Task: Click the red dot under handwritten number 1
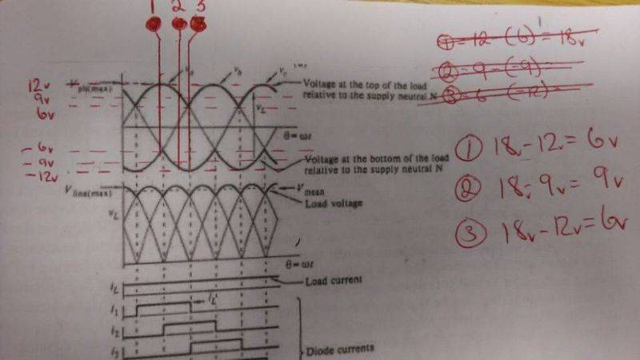pos(154,24)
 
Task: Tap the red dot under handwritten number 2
pos(180,24)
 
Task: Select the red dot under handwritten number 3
pos(198,24)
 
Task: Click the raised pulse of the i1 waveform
pos(165,305)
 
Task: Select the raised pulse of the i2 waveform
pos(190,326)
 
